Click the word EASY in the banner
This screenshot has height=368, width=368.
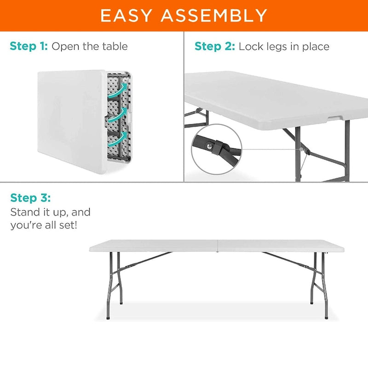coord(126,16)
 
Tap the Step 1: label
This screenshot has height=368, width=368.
coord(29,46)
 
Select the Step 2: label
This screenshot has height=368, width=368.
coord(215,46)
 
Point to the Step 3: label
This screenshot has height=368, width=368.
coord(30,198)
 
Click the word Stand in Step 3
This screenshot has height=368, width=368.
coord(24,213)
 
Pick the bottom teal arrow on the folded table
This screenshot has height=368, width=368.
coord(119,137)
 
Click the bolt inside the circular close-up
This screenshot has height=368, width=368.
coord(211,145)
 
